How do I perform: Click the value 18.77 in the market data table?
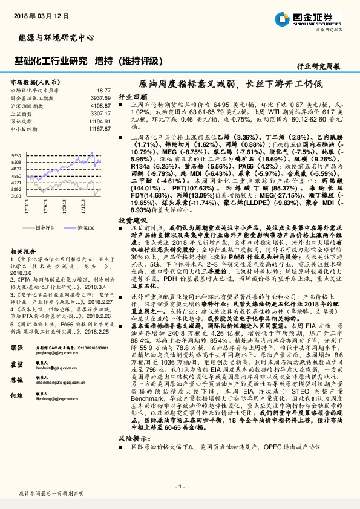[103, 89]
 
